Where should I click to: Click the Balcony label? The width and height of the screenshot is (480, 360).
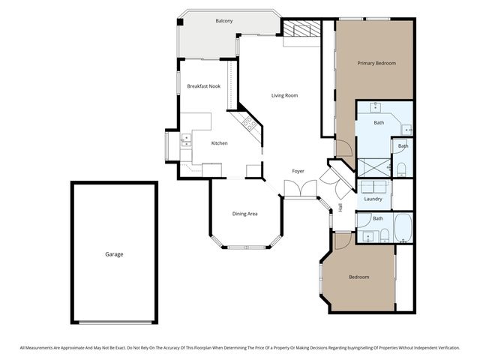pos(223,21)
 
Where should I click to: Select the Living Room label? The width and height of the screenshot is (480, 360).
pos(284,95)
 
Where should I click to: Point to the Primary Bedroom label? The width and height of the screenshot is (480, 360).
pos(376,63)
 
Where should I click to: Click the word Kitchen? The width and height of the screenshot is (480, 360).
pos(219,143)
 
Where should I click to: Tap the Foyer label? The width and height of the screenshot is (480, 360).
pos(298,172)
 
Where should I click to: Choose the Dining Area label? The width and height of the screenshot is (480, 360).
pos(244,214)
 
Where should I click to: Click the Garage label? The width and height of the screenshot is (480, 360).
pos(114,254)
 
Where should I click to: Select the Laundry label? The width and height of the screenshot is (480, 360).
pos(373,199)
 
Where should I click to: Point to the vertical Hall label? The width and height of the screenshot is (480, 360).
pos(340,206)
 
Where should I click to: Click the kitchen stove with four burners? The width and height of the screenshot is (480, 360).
pos(248,123)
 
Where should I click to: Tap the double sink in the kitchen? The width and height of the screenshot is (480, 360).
pos(186,140)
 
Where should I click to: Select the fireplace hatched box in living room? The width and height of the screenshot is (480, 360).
pos(301,29)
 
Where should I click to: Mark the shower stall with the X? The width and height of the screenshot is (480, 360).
pos(373,167)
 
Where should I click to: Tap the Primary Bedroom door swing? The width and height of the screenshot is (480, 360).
pos(341,148)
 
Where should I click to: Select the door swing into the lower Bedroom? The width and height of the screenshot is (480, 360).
pos(342,241)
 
